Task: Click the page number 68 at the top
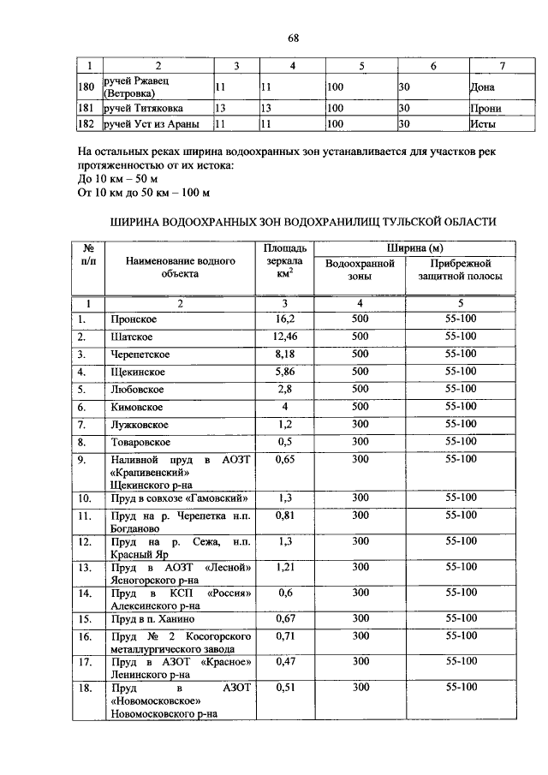pyautogui.click(x=293, y=38)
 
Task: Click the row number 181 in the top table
pyautogui.click(x=85, y=109)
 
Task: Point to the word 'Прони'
pyautogui.click(x=485, y=109)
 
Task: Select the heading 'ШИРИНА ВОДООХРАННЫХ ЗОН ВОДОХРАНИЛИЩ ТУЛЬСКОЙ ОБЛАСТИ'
pyautogui.click(x=303, y=221)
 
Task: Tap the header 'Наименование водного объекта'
pyautogui.click(x=179, y=267)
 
